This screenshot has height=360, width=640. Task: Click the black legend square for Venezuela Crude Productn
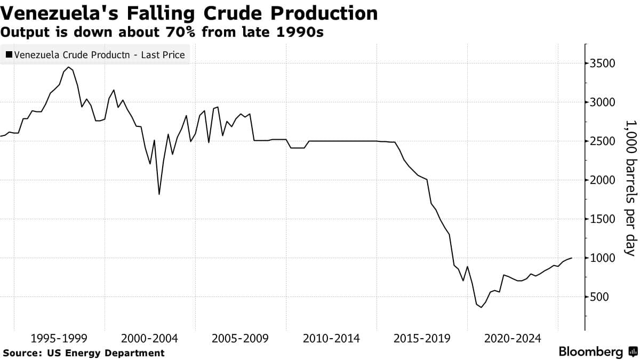click(9, 54)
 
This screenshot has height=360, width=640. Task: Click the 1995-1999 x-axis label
click(59, 338)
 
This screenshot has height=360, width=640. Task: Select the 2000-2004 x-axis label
click(149, 338)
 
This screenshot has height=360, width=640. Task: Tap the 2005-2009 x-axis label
click(240, 338)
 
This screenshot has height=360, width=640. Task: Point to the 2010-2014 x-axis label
click(331, 338)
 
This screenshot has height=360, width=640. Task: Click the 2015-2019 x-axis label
click(422, 338)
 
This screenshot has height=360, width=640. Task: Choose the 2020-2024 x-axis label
click(513, 338)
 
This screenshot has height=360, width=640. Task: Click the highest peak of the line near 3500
click(68, 67)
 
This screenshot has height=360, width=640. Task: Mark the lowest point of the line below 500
click(481, 307)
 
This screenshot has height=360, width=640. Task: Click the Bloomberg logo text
click(590, 352)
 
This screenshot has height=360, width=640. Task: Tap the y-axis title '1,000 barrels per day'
click(631, 188)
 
